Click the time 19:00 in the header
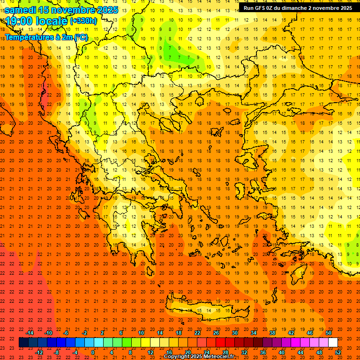pyautogui.click(x=21, y=21)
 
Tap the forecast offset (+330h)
pyautogui.click(x=83, y=21)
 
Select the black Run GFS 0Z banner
pyautogui.click(x=298, y=8)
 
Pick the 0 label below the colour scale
pyautogui.click(x=93, y=352)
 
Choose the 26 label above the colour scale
pyautogui.click(x=216, y=333)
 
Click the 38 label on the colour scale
pyautogui.click(x=272, y=333)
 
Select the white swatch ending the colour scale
pyautogui.click(x=333, y=343)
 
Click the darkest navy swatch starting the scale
pyautogui.click(x=23, y=343)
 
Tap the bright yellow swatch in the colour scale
pyautogui.click(x=145, y=343)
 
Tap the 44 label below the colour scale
pyautogui.click(x=300, y=352)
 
